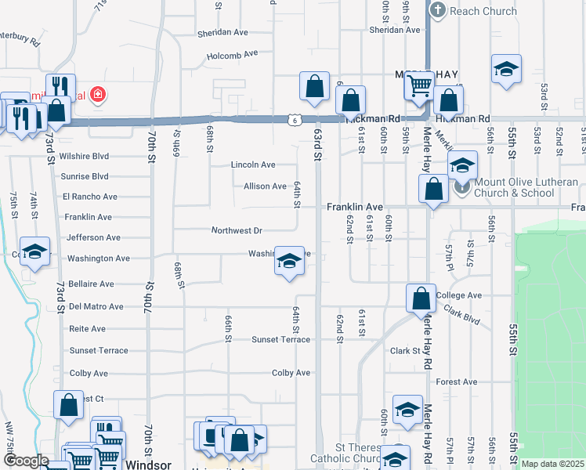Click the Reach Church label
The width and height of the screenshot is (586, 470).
coord(483,11)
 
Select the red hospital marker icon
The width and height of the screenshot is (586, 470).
coord(98,96)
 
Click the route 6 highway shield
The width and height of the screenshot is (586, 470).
coord(293,120)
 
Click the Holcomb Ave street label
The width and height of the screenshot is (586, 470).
coord(232,56)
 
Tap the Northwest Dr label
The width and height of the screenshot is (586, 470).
coord(237,231)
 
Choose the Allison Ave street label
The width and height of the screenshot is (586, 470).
coord(265,186)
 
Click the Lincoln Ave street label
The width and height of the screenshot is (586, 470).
coord(253,165)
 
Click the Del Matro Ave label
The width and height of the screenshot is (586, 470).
coord(96,306)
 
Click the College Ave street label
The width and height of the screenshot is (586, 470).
coord(459,295)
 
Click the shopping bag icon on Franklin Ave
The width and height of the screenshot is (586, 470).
coord(433,189)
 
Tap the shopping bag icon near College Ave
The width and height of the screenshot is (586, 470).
coord(421,298)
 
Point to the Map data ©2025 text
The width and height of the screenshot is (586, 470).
coord(552,464)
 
